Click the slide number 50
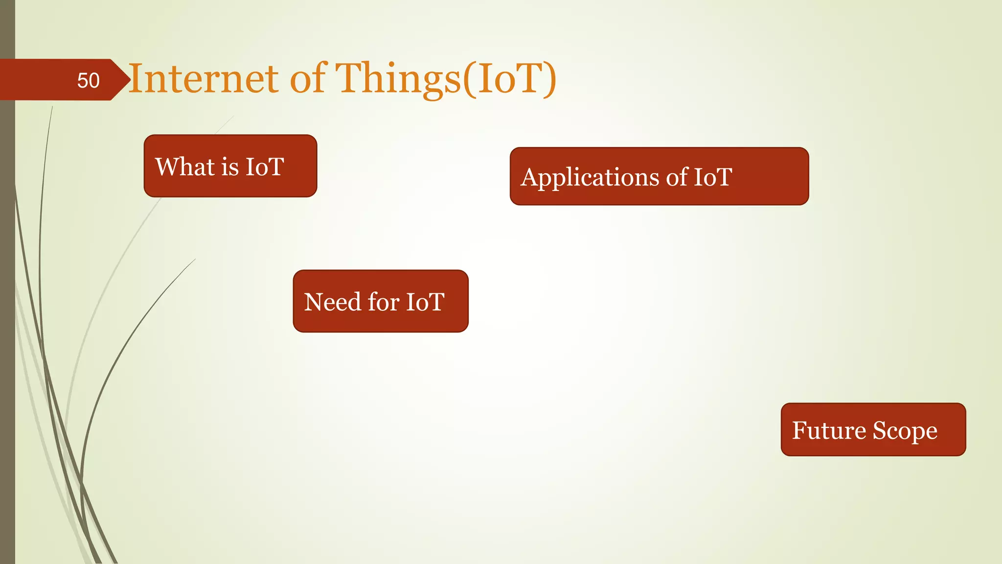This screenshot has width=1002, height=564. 88,80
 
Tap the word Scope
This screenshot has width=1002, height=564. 905,431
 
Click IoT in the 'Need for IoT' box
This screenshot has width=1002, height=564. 425,302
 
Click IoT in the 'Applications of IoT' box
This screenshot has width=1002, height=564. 713,177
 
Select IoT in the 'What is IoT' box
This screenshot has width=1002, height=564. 264,166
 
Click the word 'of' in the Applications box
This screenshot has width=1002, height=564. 677,177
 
